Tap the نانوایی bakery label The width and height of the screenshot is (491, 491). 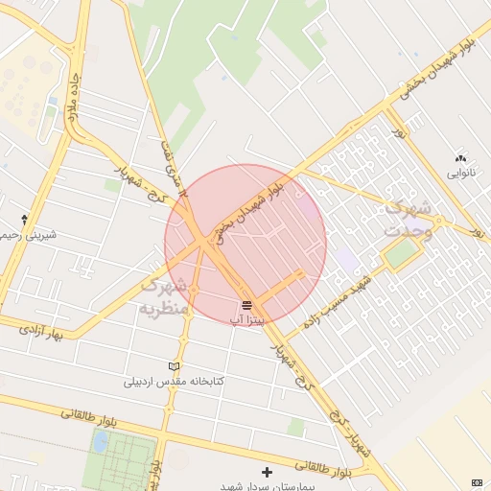[460, 175]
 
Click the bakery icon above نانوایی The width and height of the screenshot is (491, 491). [460, 158]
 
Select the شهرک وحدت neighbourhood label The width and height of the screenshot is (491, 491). [409, 220]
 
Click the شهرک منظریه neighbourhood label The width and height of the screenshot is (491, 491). [160, 296]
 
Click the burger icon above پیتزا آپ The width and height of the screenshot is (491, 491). [246, 304]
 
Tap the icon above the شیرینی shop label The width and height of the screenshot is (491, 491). [24, 220]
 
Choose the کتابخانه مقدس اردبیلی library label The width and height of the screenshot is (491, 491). [174, 382]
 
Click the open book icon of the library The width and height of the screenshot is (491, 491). [174, 366]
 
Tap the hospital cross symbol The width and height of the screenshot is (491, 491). [267, 472]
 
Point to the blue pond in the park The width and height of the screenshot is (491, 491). [101, 442]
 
